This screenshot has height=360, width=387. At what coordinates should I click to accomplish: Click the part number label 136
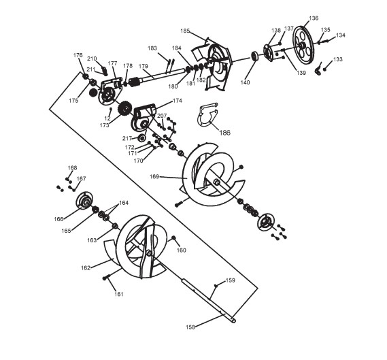(314, 18)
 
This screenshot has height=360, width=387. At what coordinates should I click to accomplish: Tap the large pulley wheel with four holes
(303, 45)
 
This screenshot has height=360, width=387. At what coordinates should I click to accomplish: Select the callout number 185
(185, 31)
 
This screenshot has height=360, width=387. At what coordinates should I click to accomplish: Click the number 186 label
(224, 133)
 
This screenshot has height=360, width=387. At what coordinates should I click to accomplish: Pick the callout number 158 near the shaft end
(190, 327)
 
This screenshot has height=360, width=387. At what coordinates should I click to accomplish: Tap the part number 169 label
(154, 177)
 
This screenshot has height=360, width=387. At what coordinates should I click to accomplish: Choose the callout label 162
(86, 268)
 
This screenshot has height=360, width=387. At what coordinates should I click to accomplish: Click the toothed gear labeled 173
(124, 109)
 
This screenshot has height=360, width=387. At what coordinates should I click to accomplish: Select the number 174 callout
(178, 101)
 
